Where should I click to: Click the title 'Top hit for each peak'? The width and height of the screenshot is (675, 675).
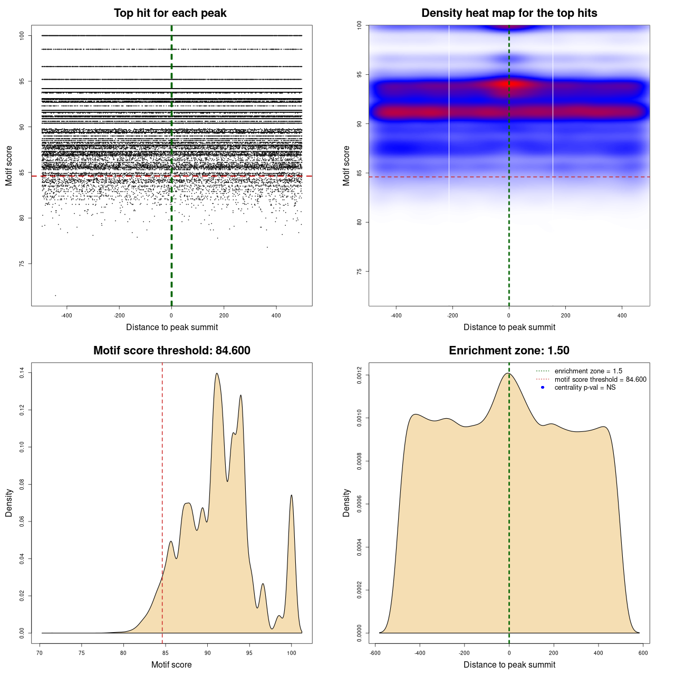pyautogui.click(x=170, y=13)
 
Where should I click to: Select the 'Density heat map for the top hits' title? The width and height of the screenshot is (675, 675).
pyautogui.click(x=509, y=13)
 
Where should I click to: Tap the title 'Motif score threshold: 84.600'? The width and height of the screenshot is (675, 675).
pyautogui.click(x=171, y=351)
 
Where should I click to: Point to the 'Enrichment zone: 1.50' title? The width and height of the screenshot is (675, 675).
pyautogui.click(x=509, y=351)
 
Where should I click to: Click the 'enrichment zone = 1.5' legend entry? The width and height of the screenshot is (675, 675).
pyautogui.click(x=588, y=371)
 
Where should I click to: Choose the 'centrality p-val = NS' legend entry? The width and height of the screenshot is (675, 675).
pyautogui.click(x=585, y=388)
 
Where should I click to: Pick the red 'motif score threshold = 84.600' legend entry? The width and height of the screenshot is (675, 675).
pyautogui.click(x=600, y=380)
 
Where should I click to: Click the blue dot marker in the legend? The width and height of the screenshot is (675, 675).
pyautogui.click(x=543, y=388)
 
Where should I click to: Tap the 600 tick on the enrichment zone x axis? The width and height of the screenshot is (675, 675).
pyautogui.click(x=643, y=653)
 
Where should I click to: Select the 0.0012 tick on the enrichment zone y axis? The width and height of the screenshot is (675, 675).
pyautogui.click(x=360, y=375)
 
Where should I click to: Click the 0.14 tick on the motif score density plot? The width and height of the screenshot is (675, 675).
pyautogui.click(x=22, y=373)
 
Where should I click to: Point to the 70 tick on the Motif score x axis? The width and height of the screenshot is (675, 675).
pyautogui.click(x=40, y=653)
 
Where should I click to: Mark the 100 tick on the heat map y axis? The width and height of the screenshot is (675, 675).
pyautogui.click(x=360, y=25)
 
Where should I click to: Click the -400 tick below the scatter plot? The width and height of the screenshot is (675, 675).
pyautogui.click(x=66, y=315)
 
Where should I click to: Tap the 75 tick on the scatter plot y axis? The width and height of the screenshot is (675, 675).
pyautogui.click(x=22, y=264)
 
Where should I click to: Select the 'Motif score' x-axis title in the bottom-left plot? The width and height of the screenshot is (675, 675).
pyautogui.click(x=171, y=664)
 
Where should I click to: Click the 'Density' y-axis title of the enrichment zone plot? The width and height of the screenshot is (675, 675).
pyautogui.click(x=346, y=503)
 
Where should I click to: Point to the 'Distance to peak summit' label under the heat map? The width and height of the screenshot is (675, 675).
pyautogui.click(x=509, y=327)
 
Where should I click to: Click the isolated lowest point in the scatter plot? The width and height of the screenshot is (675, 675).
pyautogui.click(x=55, y=295)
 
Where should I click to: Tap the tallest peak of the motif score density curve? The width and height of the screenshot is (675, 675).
pyautogui.click(x=217, y=373)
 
